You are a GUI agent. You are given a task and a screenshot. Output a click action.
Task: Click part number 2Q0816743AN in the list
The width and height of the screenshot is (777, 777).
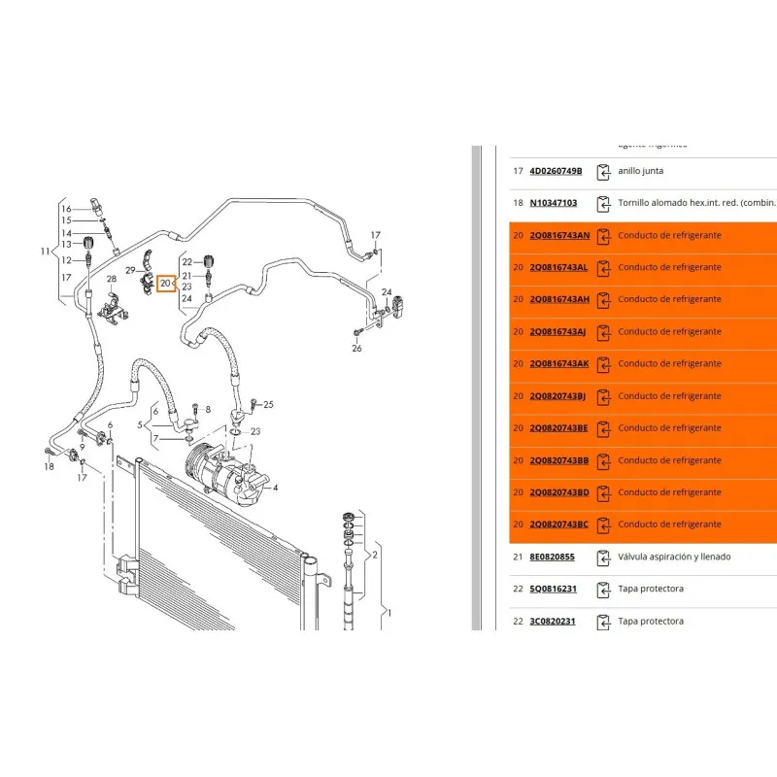pyautogui.click(x=558, y=235)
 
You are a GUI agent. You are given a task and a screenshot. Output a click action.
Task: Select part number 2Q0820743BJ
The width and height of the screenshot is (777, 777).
pyautogui.click(x=557, y=396)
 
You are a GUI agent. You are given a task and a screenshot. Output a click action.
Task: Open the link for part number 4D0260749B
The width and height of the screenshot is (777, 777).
pyautogui.click(x=556, y=171)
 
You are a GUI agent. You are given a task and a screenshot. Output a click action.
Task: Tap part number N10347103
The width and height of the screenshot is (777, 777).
pyautogui.click(x=553, y=203)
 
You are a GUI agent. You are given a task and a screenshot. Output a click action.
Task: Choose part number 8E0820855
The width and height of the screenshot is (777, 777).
pyautogui.click(x=552, y=557)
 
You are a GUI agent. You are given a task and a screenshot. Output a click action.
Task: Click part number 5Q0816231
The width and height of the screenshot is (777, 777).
pyautogui.click(x=552, y=589)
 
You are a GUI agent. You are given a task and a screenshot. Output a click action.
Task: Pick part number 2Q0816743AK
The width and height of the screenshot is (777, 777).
pyautogui.click(x=558, y=363)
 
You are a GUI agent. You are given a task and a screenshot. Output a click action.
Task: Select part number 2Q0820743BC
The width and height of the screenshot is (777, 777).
pyautogui.click(x=558, y=524)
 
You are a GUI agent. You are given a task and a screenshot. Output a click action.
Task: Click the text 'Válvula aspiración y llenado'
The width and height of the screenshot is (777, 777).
pyautogui.click(x=674, y=557)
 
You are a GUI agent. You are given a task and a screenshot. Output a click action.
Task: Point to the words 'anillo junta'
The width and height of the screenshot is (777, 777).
pyautogui.click(x=641, y=171)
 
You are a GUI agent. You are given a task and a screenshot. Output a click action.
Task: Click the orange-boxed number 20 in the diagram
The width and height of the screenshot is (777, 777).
pyautogui.click(x=165, y=284)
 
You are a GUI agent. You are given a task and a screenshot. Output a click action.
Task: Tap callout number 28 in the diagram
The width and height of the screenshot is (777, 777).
pyautogui.click(x=111, y=280)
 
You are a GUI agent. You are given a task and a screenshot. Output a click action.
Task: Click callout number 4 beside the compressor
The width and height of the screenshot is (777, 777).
pyautogui.click(x=276, y=488)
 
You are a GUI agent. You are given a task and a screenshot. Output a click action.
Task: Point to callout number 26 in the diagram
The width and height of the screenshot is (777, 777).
pyautogui.click(x=356, y=348)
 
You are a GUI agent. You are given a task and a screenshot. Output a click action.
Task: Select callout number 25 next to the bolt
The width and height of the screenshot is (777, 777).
pyautogui.click(x=269, y=404)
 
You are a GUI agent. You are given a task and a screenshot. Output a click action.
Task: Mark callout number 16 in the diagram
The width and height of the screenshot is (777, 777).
pyautogui.click(x=66, y=209)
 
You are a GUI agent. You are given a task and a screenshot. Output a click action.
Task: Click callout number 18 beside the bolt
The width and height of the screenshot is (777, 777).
pyautogui.click(x=49, y=467)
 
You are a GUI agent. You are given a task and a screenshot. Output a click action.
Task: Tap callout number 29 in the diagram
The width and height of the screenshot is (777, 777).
pyautogui.click(x=130, y=269)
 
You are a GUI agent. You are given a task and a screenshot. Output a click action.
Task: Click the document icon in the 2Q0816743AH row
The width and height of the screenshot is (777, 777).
pyautogui.click(x=604, y=299)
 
